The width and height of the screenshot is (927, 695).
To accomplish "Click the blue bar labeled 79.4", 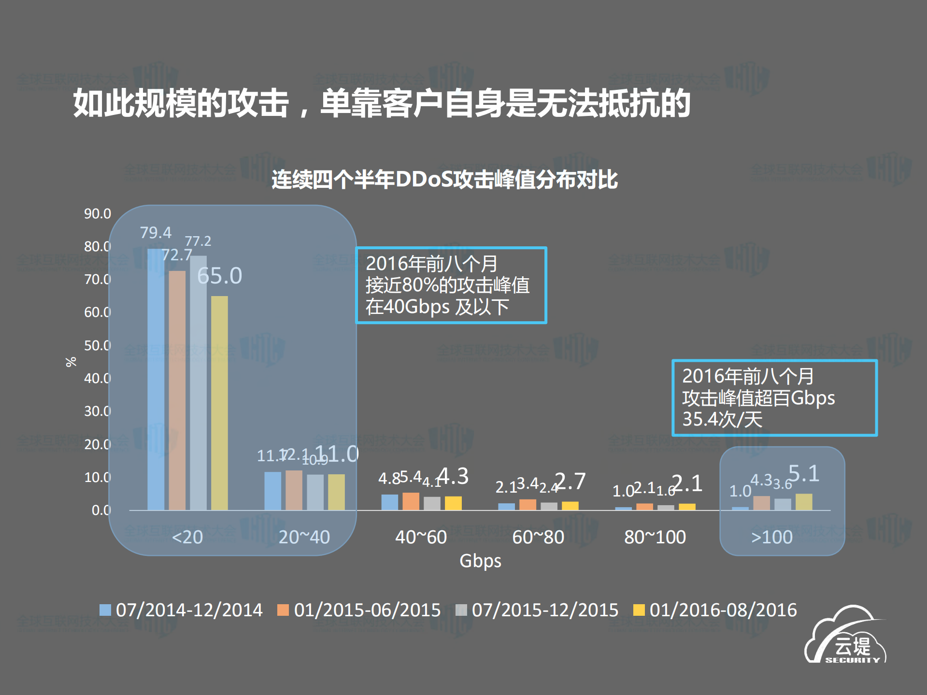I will [x=156, y=379].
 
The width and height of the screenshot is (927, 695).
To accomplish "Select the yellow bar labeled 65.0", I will [x=219, y=403].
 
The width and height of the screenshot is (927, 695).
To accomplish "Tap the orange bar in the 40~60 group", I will [x=411, y=501].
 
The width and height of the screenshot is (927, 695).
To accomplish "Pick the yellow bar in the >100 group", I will [x=804, y=502].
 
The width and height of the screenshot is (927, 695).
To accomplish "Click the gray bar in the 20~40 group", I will [x=315, y=492].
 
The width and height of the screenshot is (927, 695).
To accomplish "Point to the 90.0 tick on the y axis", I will [x=97, y=213].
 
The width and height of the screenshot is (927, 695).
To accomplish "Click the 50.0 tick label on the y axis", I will [x=97, y=345].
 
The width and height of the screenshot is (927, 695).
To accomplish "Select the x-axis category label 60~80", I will [x=538, y=537].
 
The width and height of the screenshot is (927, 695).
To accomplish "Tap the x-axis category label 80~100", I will [x=655, y=537].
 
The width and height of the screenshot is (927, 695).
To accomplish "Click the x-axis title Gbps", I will [x=480, y=561].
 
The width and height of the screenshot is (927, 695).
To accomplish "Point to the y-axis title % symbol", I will [x=71, y=362].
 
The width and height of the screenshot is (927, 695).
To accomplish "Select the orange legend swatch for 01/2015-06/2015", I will [x=283, y=610].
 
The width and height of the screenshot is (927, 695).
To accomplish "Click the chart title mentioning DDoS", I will [x=444, y=180].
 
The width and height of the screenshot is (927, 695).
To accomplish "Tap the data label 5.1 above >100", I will [x=804, y=473].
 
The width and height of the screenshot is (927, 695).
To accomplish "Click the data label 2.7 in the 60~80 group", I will [x=570, y=481].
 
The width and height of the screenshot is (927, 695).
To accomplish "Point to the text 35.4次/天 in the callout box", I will [x=722, y=419].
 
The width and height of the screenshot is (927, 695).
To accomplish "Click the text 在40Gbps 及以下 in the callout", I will [x=437, y=307].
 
